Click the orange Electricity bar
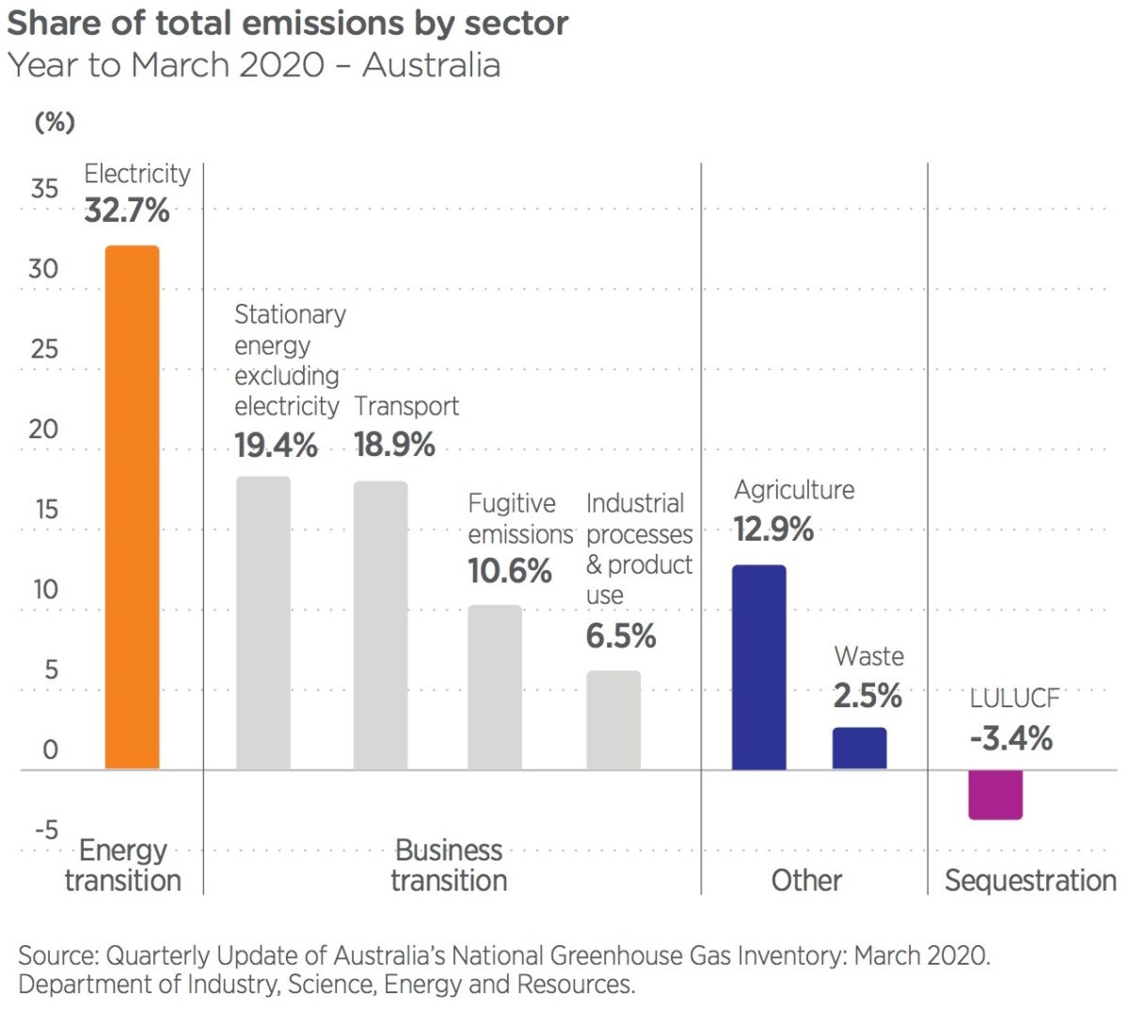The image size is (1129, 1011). (132, 508)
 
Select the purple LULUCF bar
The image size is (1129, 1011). (994, 795)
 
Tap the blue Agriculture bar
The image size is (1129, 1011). (758, 668)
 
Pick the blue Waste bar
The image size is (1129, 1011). (859, 749)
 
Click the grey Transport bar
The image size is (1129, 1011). (380, 625)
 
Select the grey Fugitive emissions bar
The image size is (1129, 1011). (495, 687)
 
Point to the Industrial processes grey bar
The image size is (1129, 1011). (613, 720)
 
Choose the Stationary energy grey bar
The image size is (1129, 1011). (262, 624)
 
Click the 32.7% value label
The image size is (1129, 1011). (127, 211)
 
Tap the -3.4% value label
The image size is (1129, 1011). (1010, 739)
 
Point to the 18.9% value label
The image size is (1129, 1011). (394, 445)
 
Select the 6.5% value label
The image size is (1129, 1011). (620, 637)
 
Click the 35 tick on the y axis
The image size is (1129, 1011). (44, 188)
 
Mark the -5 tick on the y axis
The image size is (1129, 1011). (46, 830)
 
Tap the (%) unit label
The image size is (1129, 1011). (55, 122)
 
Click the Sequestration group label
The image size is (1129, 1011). (1030, 881)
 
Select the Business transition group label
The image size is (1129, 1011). (449, 865)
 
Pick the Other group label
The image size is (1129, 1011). (806, 881)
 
